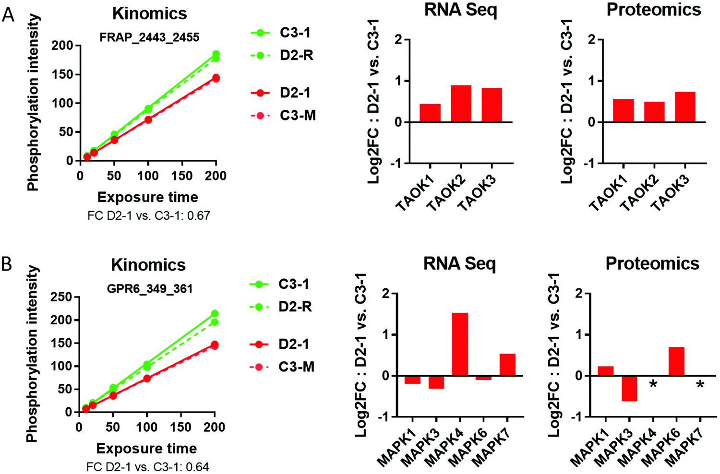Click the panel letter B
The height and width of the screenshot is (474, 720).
7,264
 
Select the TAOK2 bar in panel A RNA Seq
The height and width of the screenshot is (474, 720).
461,104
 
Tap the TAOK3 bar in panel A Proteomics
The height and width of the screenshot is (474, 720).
684,107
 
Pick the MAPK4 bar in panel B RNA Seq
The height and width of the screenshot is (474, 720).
459,344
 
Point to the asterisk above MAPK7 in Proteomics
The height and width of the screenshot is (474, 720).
700,384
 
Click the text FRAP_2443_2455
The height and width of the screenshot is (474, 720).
149,37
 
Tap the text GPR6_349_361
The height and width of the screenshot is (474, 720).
149,289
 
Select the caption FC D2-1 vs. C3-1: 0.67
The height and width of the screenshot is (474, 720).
149,215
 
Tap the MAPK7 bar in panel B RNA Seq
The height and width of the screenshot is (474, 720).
507,365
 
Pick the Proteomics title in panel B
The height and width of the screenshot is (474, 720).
652,263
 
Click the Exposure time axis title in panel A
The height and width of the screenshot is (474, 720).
148,197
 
